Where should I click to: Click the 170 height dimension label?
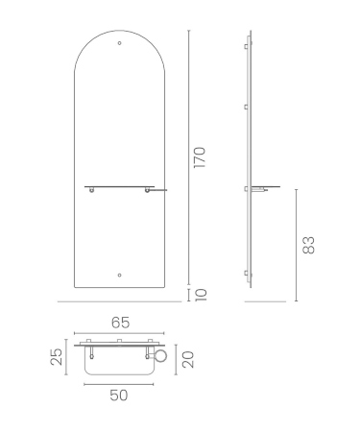coord(200,157)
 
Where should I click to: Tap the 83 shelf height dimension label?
coord(309,246)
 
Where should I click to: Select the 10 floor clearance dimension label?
coord(201,295)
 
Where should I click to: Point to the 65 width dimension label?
coord(121,323)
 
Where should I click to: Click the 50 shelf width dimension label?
coord(119,396)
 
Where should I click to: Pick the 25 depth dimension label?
coord(56,357)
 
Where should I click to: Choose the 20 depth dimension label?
coord(188,360)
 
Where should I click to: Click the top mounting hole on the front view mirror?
coord(120,43)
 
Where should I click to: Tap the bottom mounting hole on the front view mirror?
coord(120,275)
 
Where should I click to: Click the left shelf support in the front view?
coord(92,190)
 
